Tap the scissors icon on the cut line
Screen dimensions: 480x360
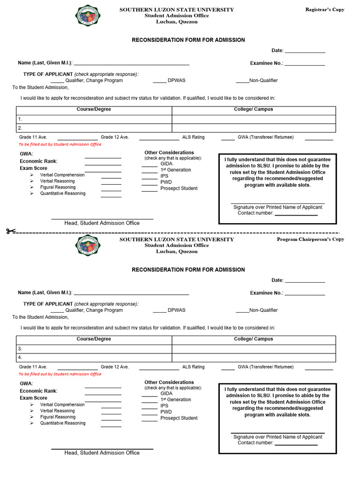pyautogui.click(x=11, y=231)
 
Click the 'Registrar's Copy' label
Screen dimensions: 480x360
pyautogui.click(x=324, y=10)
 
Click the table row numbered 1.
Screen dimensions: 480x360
pyautogui.click(x=94, y=120)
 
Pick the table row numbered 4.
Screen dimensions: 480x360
pyautogui.click(x=94, y=358)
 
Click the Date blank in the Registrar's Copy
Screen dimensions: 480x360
pyautogui.click(x=305, y=51)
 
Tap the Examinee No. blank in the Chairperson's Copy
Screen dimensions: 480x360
pyautogui.click(x=305, y=293)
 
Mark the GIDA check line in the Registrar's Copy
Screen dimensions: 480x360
pyautogui.click(x=150, y=165)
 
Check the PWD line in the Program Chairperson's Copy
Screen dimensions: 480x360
pyautogui.click(x=150, y=413)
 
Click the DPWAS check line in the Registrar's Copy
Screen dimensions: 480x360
pyautogui.click(x=159, y=82)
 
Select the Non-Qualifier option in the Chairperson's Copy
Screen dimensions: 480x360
pyautogui.click(x=242, y=311)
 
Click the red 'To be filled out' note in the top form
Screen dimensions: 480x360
pyautogui.click(x=60, y=144)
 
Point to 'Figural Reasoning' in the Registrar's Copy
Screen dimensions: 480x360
pyautogui.click(x=58, y=187)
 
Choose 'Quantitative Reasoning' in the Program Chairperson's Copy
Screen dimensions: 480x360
pyautogui.click(x=63, y=423)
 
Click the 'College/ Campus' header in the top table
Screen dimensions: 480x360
pyautogui.click(x=254, y=110)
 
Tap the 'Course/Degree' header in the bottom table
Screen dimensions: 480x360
pyautogui.click(x=94, y=339)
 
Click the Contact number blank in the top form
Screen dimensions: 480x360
pyautogui.click(x=296, y=214)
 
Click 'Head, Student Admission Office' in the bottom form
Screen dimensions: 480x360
pyautogui.click(x=102, y=453)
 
